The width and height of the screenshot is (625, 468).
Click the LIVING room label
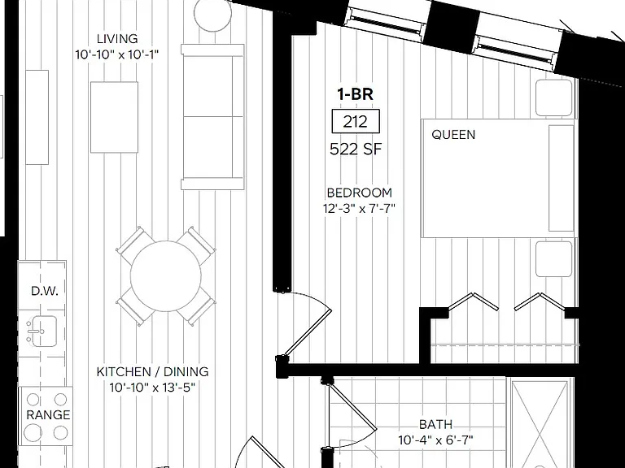[x=117, y=39]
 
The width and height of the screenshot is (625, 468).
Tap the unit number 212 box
[x=356, y=121]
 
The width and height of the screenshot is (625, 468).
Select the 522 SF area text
[x=356, y=149]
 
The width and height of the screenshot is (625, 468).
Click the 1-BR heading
[x=355, y=94]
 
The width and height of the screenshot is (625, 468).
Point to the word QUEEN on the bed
[x=453, y=135]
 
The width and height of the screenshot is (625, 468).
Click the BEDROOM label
[x=359, y=193]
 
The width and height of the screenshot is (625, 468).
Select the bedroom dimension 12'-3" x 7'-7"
[x=359, y=208]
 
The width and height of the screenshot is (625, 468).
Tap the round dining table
[x=166, y=275]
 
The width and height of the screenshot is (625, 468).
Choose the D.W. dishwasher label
[x=45, y=291]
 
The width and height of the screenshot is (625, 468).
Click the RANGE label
[x=48, y=415]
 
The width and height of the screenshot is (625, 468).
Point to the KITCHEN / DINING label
[x=153, y=371]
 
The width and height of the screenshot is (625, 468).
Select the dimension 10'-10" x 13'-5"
[x=153, y=387]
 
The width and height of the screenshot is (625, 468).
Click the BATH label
[x=435, y=425]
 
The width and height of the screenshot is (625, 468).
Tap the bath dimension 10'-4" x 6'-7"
[x=435, y=440]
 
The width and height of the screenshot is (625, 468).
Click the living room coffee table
[x=115, y=117]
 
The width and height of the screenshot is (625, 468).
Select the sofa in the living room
[x=212, y=117]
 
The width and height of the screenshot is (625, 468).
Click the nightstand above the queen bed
[x=554, y=97]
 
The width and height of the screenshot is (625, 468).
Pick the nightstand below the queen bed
[x=554, y=258]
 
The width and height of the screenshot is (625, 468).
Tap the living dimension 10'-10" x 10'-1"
[x=117, y=54]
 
